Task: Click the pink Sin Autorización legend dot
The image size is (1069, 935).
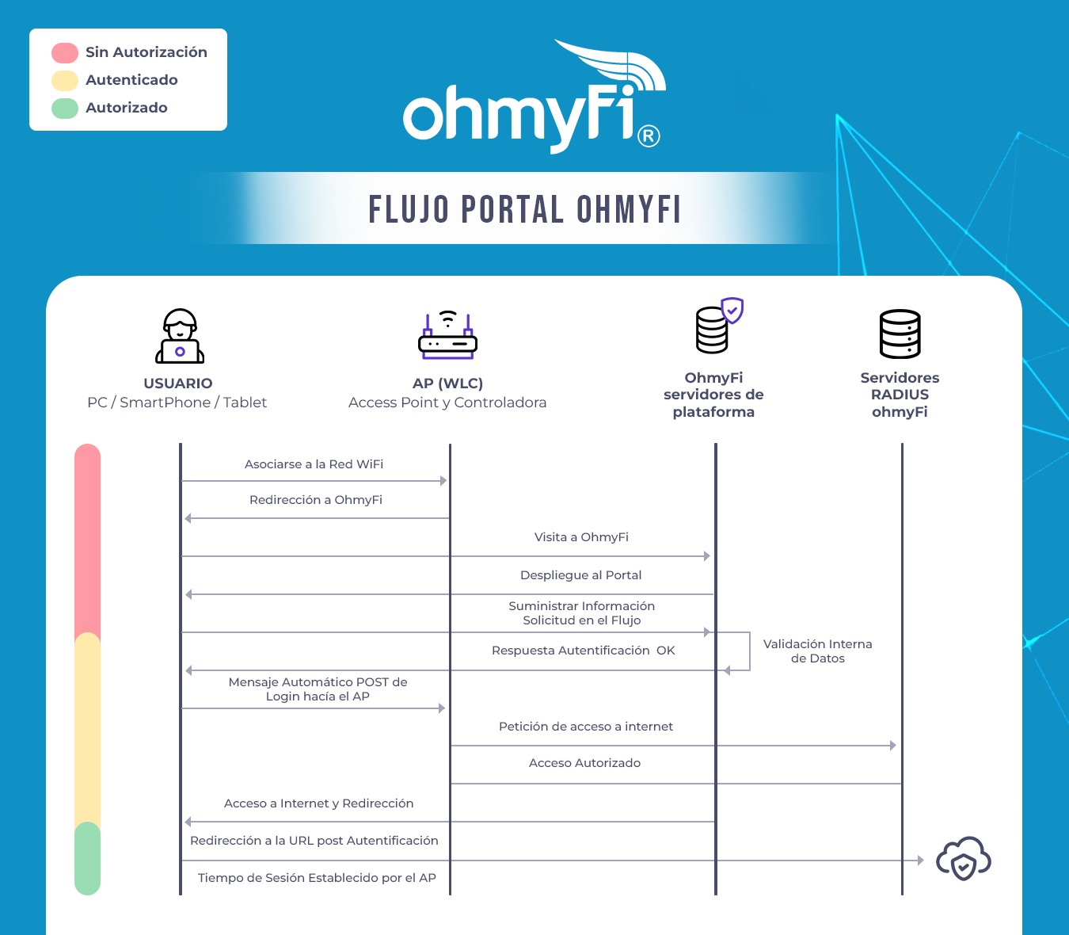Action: click(x=65, y=53)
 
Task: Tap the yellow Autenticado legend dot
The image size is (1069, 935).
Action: click(x=65, y=81)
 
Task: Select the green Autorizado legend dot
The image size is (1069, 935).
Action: click(x=65, y=109)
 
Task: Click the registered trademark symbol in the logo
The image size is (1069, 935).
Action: click(x=649, y=136)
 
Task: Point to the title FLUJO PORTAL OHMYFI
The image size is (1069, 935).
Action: click(x=524, y=210)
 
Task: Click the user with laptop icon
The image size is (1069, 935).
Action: click(x=180, y=336)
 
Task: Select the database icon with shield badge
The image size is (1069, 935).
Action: click(x=717, y=326)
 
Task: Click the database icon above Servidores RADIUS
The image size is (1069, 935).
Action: click(x=900, y=334)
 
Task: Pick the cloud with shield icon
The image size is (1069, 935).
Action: click(x=963, y=859)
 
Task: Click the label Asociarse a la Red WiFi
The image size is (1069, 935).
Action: click(x=314, y=464)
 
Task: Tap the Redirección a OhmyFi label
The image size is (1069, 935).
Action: click(x=315, y=500)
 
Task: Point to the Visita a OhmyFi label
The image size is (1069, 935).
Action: click(x=581, y=537)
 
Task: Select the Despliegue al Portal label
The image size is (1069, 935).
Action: click(x=580, y=575)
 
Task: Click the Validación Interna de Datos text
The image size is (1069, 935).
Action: click(x=817, y=651)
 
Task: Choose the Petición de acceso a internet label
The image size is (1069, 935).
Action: click(x=585, y=727)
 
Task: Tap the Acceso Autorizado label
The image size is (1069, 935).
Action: click(x=584, y=763)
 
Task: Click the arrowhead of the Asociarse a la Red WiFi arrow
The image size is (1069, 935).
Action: click(x=443, y=481)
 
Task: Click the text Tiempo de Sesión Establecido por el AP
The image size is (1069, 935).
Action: click(x=317, y=878)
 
